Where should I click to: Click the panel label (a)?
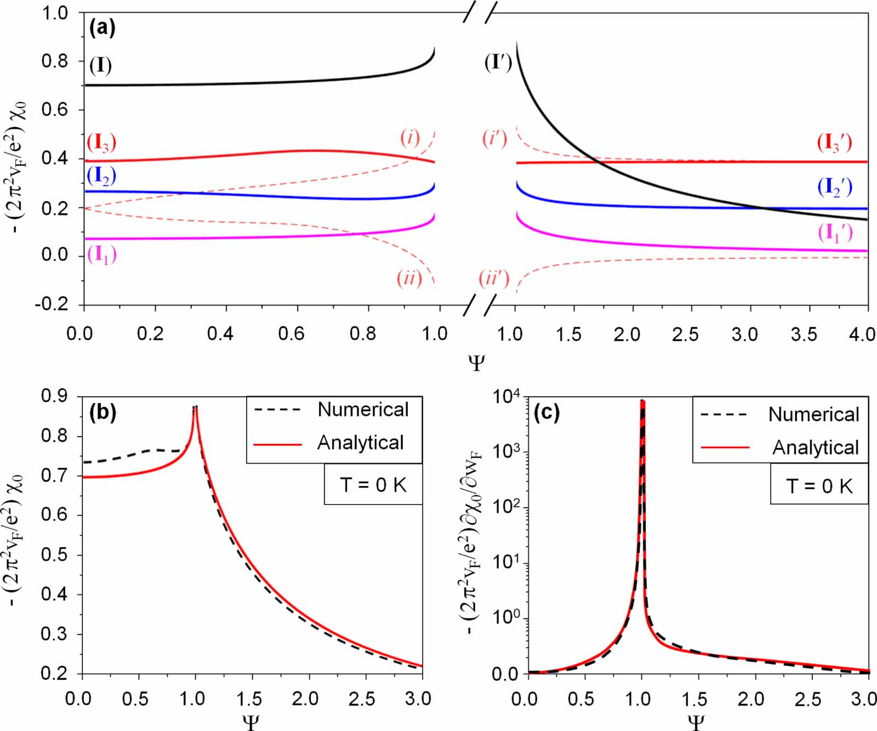pyautogui.click(x=102, y=27)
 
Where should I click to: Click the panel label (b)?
pyautogui.click(x=102, y=412)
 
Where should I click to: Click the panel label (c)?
pyautogui.click(x=546, y=412)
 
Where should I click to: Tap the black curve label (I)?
pyautogui.click(x=100, y=65)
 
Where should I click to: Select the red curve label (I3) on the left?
pyautogui.click(x=102, y=143)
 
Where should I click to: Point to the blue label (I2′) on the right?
pyautogui.click(x=835, y=187)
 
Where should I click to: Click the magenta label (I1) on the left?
pyautogui.click(x=102, y=254)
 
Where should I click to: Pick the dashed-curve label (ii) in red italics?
pyautogui.click(x=409, y=279)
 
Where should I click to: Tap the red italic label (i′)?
pyautogui.click(x=495, y=138)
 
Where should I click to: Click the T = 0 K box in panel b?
pyautogui.click(x=373, y=485)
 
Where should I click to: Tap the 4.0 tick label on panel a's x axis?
pyautogui.click(x=862, y=334)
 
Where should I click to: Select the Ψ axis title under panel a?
pyautogui.click(x=477, y=362)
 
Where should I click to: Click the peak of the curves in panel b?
pyautogui.click(x=195, y=407)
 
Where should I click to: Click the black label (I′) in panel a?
pyautogui.click(x=498, y=63)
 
